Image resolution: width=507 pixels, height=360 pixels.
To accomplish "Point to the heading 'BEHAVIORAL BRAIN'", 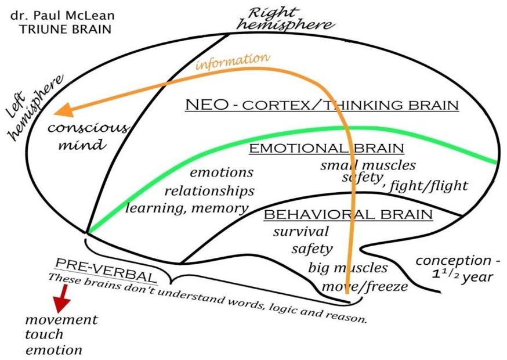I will pyautogui.click(x=348, y=215).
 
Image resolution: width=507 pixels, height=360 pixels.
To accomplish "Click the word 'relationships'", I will pyautogui.click(x=209, y=190).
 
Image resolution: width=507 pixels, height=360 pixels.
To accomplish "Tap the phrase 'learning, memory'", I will pyautogui.click(x=187, y=207).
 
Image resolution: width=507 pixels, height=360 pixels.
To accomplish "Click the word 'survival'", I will pyautogui.click(x=301, y=231).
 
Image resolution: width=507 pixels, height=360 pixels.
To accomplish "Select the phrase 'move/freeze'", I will pyautogui.click(x=365, y=286).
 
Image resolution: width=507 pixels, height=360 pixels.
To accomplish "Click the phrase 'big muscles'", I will pyautogui.click(x=347, y=268).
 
